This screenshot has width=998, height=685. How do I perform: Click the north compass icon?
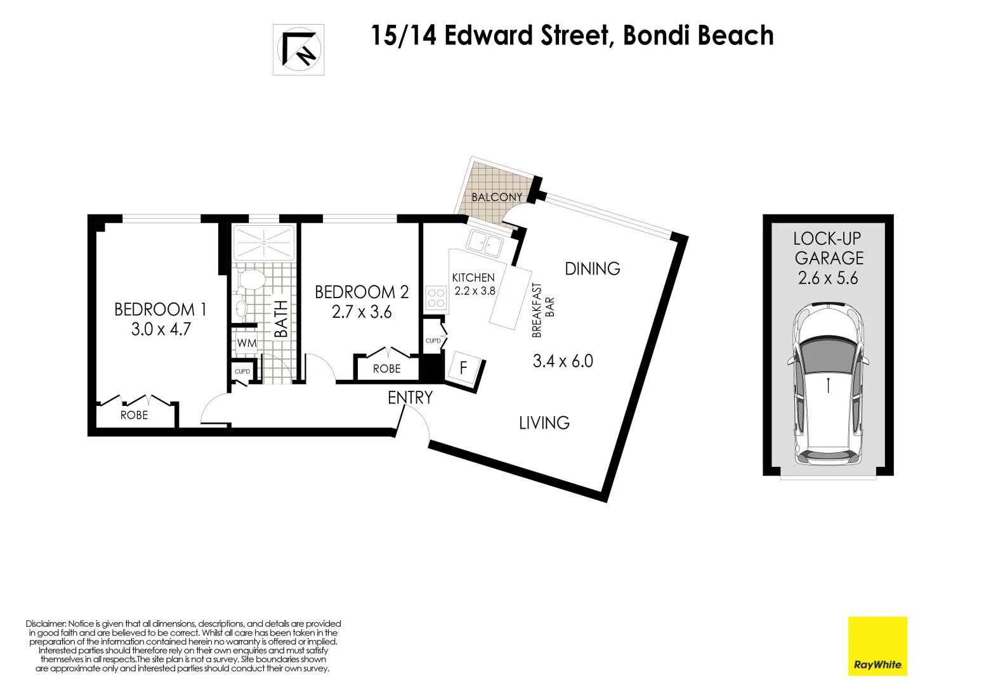[299, 49]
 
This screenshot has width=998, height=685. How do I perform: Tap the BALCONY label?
[496, 197]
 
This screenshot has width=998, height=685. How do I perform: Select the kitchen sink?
[485, 242]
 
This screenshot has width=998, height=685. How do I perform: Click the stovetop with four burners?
[436, 298]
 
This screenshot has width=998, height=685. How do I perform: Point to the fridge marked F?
[463, 367]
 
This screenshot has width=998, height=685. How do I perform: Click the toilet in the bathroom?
[251, 280]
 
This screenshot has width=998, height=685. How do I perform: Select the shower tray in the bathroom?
[264, 242]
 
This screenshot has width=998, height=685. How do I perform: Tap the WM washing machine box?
[246, 343]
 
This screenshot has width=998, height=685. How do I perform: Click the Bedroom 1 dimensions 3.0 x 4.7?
[161, 329]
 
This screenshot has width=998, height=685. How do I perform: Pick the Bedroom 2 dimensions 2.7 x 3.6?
[362, 312]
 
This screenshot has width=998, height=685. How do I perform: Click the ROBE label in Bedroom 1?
[134, 415]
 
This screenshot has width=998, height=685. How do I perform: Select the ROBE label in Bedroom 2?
[386, 369]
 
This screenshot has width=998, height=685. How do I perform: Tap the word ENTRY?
[410, 398]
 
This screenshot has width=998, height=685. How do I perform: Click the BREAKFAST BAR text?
[542, 310]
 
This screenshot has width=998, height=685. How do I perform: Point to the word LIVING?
[544, 423]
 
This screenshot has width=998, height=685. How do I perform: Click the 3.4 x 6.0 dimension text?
[563, 362]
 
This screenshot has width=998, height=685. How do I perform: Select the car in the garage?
[828, 384]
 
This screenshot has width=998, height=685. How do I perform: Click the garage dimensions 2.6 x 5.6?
[828, 278]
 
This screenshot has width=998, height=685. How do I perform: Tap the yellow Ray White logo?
[877, 646]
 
